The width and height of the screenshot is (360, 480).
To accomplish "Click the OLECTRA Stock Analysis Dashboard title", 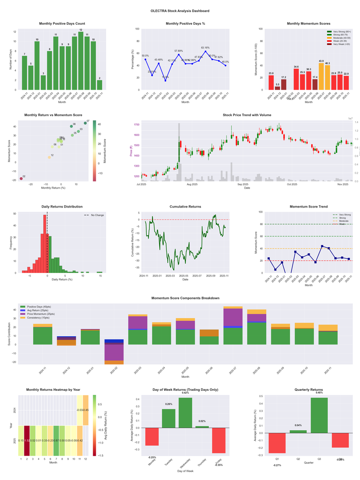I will pos(180,10).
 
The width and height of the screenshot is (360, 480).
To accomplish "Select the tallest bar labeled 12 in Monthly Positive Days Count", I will pos(81,61).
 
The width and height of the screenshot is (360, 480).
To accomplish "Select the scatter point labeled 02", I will pos(21,179).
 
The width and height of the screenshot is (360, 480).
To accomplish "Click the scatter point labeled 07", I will pos(85,123).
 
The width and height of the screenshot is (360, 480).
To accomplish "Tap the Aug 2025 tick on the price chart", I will pos(192,184).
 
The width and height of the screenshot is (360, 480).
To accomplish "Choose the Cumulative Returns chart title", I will pos(185,207).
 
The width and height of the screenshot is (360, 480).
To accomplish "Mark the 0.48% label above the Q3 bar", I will pos(319,393).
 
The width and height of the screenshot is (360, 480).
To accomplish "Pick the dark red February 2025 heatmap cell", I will pos(27,440).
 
